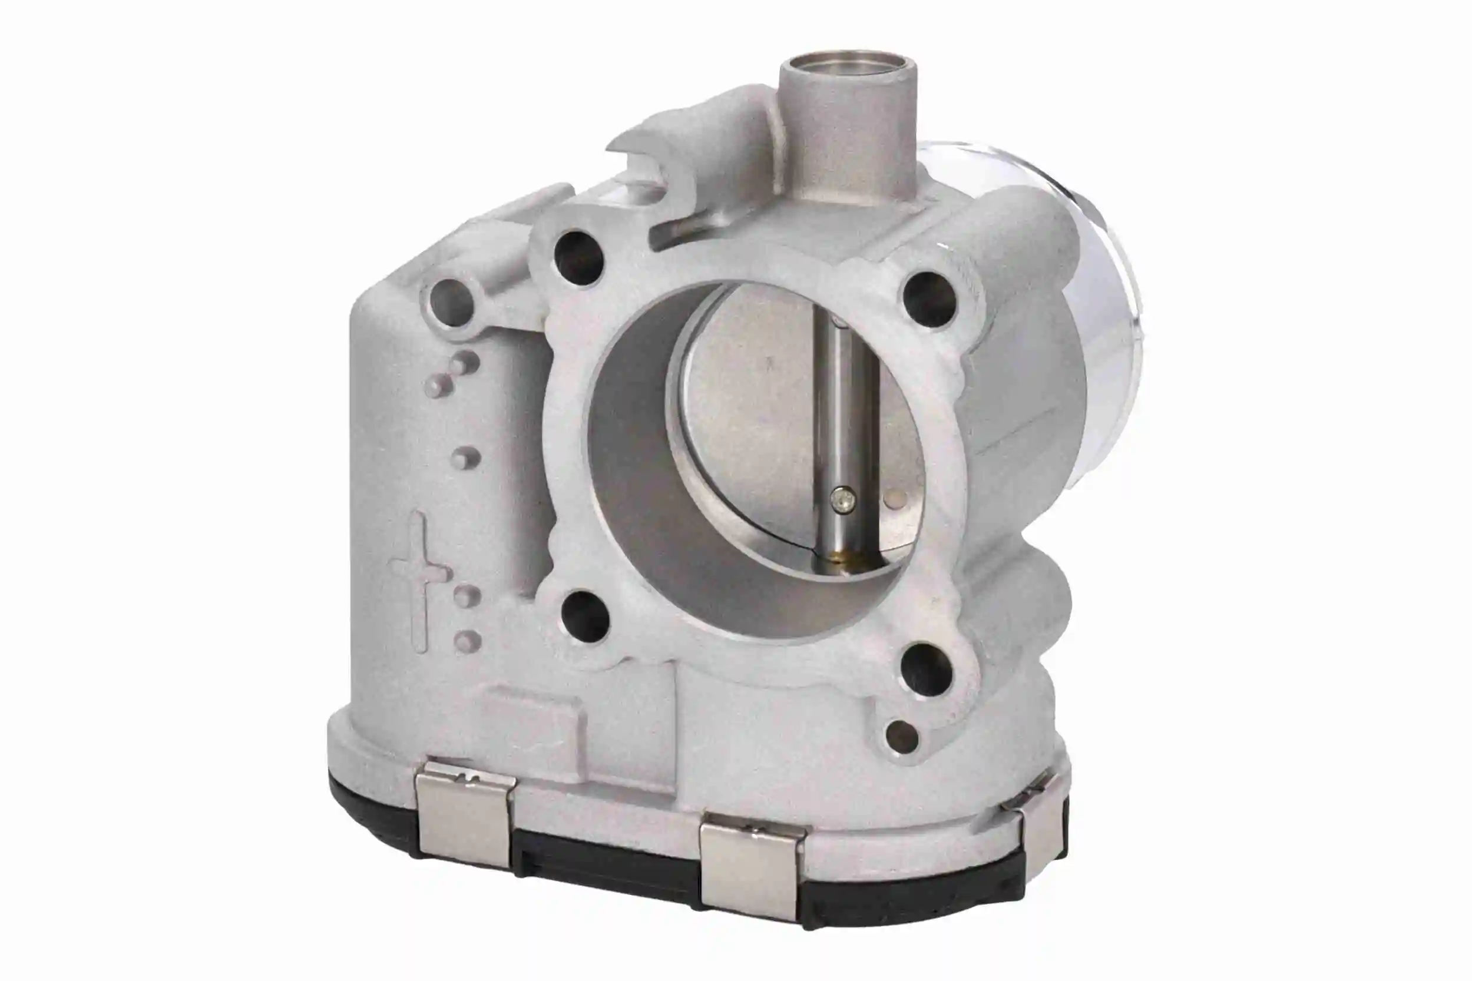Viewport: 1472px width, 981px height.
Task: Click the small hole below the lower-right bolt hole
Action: pos(902,737)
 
